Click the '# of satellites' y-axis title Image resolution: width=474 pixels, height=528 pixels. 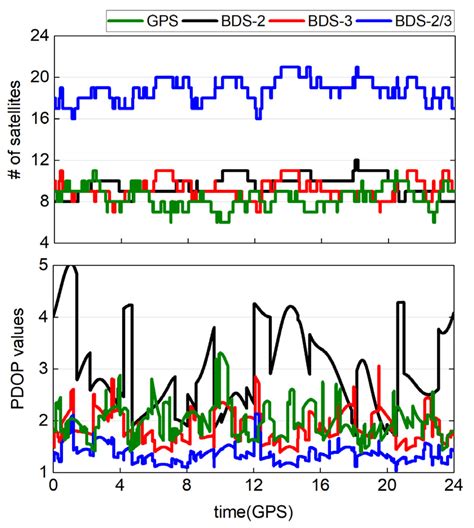coord(13,137)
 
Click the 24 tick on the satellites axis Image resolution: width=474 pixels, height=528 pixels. coord(37,34)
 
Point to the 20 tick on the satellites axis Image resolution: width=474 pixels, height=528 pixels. coord(37,76)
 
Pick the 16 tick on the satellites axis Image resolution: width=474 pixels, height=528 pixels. coord(37,118)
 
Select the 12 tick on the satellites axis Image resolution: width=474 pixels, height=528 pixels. coord(37,160)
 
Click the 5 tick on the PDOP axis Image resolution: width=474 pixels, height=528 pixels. coord(41,265)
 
